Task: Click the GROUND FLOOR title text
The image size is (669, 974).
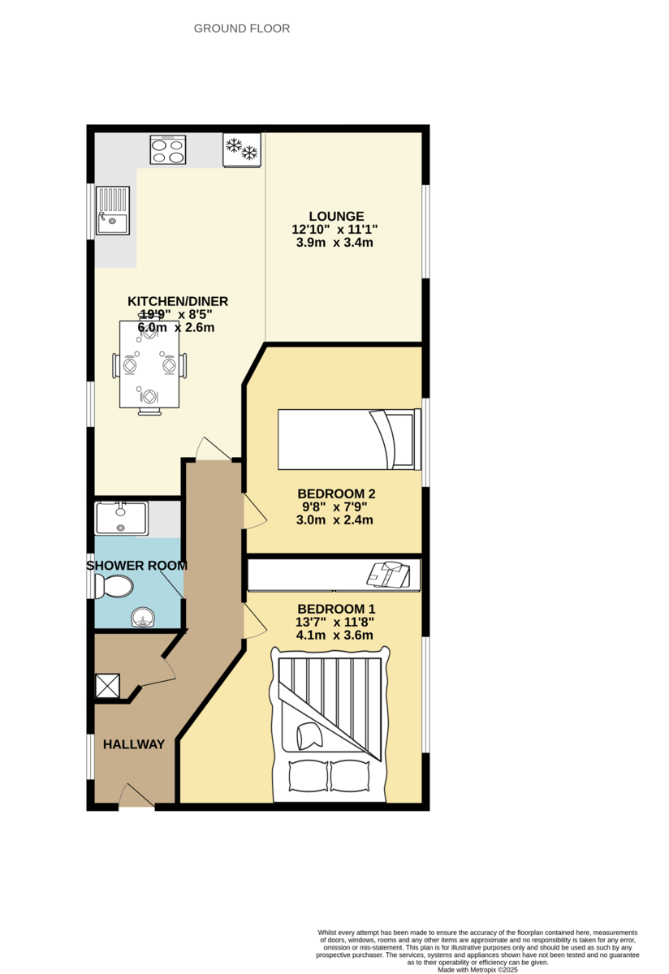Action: (x=241, y=28)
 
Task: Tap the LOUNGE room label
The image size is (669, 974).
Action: (x=336, y=216)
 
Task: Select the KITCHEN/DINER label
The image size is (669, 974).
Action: (x=178, y=301)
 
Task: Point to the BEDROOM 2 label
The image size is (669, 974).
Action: (x=336, y=493)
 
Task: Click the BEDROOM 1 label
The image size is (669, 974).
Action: (x=336, y=609)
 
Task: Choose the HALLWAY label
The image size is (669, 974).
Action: (x=134, y=744)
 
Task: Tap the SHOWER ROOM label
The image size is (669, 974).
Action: (x=136, y=566)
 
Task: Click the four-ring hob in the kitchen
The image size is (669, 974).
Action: (x=167, y=150)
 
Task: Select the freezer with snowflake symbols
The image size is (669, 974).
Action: (x=241, y=149)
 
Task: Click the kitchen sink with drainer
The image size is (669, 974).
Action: (x=113, y=210)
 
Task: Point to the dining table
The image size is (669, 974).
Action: (x=149, y=364)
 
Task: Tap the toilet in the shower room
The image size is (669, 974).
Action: (x=114, y=585)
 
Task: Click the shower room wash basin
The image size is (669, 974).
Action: (x=145, y=619)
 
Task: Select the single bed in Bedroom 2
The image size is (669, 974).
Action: (x=349, y=439)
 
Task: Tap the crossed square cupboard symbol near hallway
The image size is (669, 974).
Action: (x=107, y=687)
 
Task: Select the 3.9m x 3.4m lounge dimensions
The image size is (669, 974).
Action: (x=335, y=243)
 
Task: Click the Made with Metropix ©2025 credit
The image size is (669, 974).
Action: (x=477, y=969)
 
